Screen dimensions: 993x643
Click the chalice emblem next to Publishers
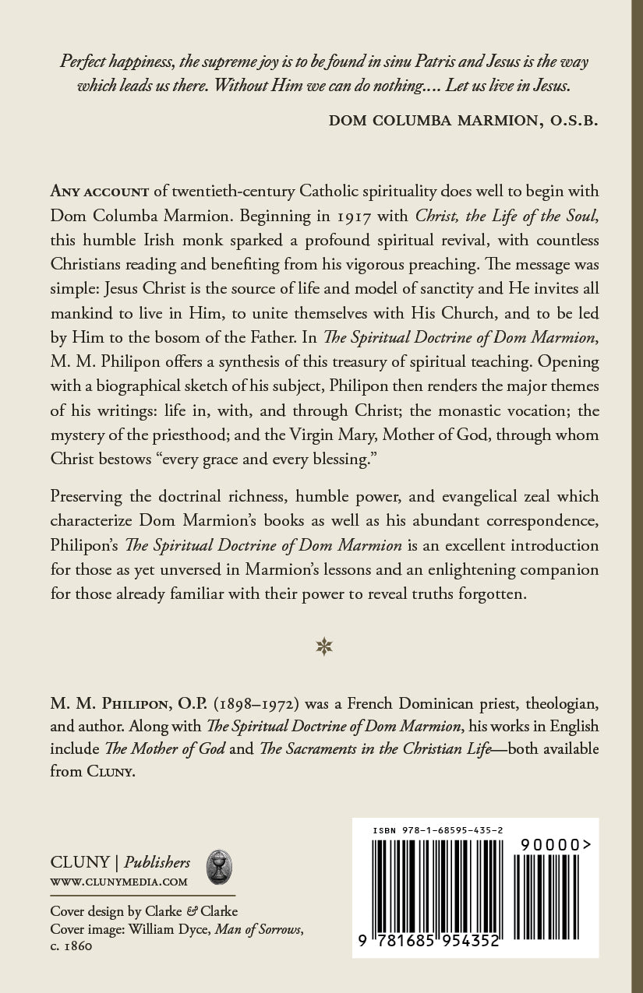pyautogui.click(x=218, y=867)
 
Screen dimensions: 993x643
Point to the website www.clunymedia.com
pyautogui.click(x=118, y=882)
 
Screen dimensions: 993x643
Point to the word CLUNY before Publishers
pyautogui.click(x=79, y=862)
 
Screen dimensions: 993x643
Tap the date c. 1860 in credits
pyautogui.click(x=72, y=946)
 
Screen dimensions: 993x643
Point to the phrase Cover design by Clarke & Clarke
pyautogui.click(x=144, y=911)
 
